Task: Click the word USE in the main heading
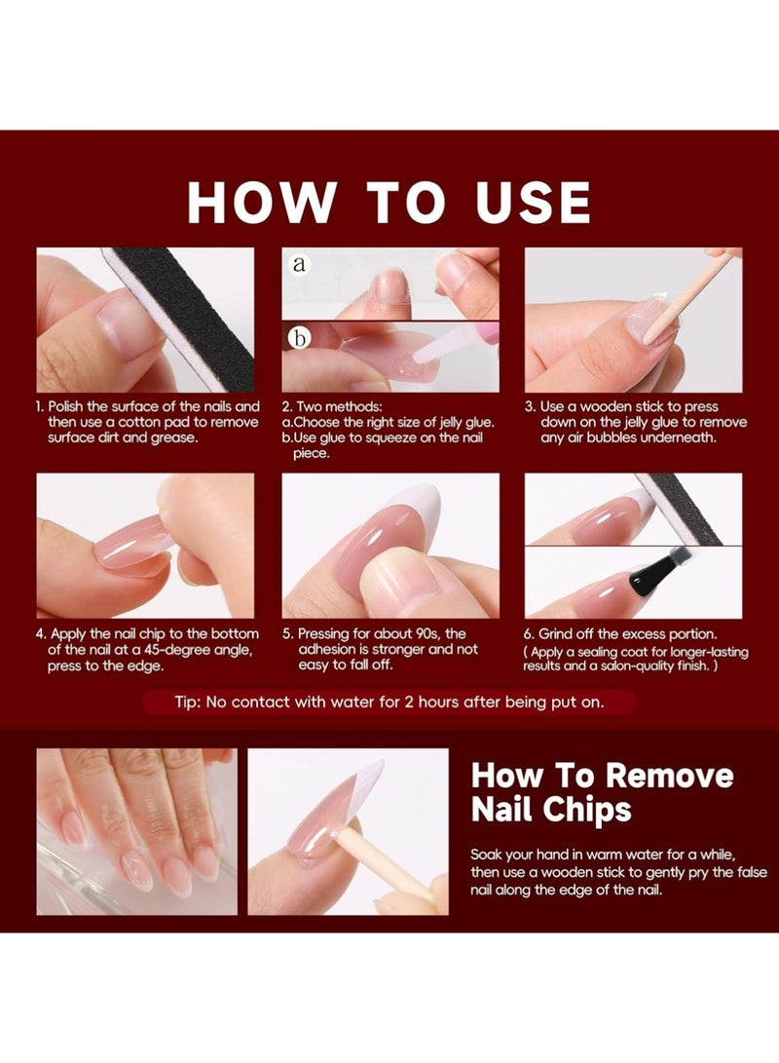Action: click(533, 202)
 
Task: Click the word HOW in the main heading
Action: click(261, 202)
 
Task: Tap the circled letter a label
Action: click(299, 263)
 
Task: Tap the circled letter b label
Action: click(299, 337)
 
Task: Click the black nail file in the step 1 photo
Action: click(186, 312)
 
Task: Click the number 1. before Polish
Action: click(40, 406)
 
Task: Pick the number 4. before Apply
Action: click(41, 634)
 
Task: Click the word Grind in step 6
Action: click(555, 634)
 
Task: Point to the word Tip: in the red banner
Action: click(188, 702)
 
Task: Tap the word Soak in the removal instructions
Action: click(485, 854)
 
